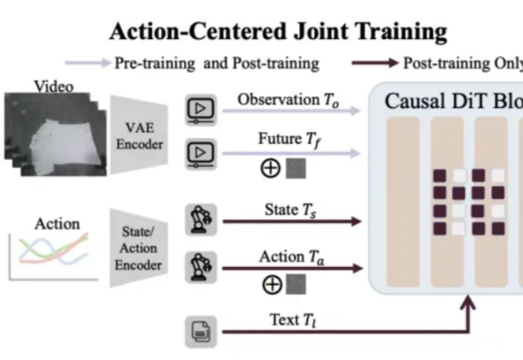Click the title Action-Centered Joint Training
[x=278, y=32]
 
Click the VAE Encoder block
[x=139, y=135]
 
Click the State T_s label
[x=288, y=210]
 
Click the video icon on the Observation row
[x=201, y=111]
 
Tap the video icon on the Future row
[x=201, y=153]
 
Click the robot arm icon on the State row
[x=201, y=220]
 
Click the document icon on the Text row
[x=201, y=331]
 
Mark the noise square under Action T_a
[x=296, y=285]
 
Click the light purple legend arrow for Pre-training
[x=87, y=63]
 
